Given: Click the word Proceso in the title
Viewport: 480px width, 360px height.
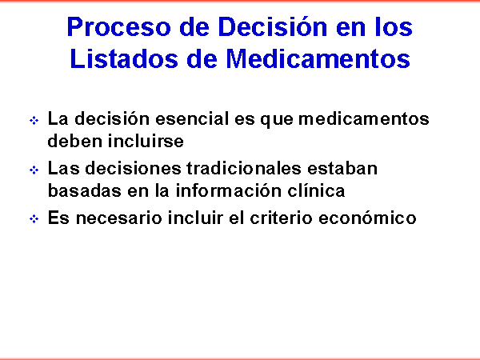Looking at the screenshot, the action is coord(118,27).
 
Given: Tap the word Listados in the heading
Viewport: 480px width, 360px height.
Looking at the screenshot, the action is coord(124,58).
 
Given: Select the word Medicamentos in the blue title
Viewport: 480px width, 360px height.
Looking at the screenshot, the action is coord(318,58).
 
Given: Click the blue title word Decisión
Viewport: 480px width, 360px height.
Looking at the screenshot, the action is coord(273,27).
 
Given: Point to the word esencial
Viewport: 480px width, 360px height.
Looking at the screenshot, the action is coord(192,118).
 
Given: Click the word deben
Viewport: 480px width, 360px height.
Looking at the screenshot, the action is coord(75,141).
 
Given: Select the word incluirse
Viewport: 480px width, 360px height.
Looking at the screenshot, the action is coord(146,141).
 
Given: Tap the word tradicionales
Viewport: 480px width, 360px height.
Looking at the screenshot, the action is coord(244,168).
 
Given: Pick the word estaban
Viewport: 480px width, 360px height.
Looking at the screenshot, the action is coord(342,168).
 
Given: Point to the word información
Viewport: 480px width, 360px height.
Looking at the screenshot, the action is coord(229,190).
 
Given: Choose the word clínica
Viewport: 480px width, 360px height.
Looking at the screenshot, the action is coord(316,190).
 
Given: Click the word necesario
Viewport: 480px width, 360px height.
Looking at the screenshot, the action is coord(118,218).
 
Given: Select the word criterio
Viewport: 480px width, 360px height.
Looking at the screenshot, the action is coord(282,218).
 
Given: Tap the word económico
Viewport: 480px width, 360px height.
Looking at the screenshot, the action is coord(367,218).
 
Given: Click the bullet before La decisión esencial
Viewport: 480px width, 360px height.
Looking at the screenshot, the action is coord(34,120).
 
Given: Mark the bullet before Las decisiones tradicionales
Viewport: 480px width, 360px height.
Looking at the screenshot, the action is coord(34,170).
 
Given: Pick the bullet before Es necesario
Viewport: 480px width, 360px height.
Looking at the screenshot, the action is coord(34,219).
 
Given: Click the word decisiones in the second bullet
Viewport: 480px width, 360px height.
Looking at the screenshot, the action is coord(133,168).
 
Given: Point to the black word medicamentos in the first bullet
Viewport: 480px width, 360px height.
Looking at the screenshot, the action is coord(364,118).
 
